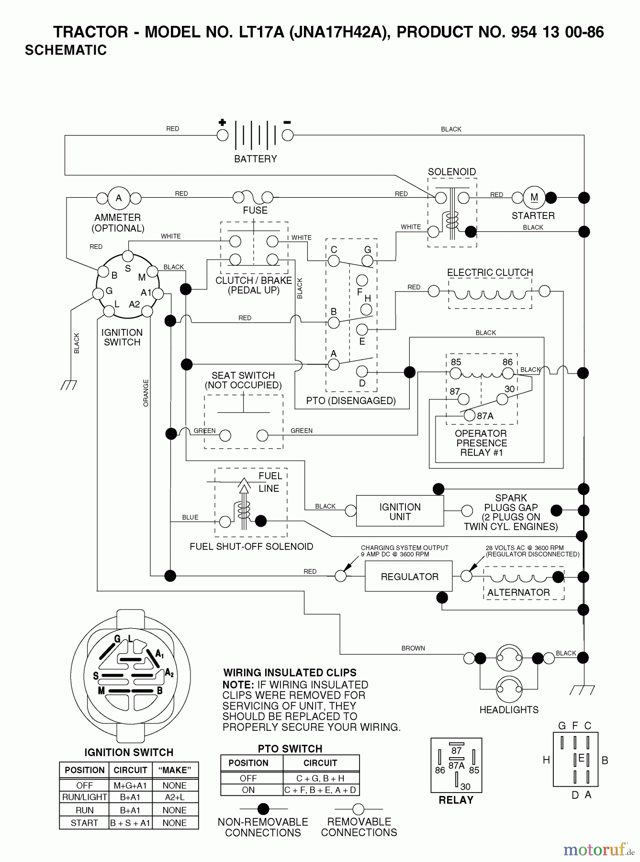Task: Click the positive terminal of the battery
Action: pos(223,135)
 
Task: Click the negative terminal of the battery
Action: pos(287,135)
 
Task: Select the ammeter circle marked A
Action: pos(119,198)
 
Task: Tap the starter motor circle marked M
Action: pos(534,197)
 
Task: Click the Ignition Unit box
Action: pos(400,512)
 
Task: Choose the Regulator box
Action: pos(409,577)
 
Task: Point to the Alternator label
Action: pos(518,592)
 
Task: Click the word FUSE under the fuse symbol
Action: pos(255,210)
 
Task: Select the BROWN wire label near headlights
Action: pos(413,648)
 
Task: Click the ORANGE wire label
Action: pos(146,393)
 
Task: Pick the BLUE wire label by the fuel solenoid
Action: pos(190,517)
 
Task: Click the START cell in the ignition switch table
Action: pos(84,823)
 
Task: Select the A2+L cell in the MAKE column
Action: pos(174,797)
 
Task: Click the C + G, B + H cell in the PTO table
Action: pos(320,778)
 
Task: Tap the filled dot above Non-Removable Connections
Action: pos(263,809)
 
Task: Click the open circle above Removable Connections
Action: pos(359,809)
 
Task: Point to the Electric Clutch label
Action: pos(490,272)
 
